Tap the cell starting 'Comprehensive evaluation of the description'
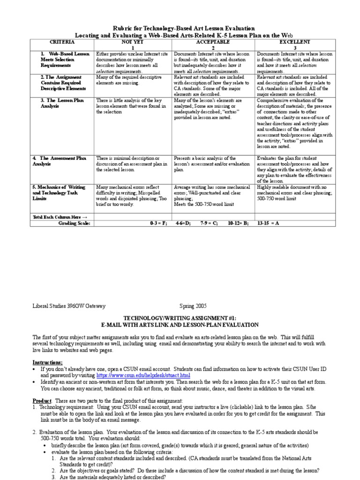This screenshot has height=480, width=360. pos(296,123)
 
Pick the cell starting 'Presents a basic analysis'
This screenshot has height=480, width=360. pos(212,165)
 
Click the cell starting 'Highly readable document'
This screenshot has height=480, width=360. pos(296,192)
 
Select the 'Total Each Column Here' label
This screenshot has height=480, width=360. pos(60,217)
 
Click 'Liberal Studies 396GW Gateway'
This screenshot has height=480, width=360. pos(69,306)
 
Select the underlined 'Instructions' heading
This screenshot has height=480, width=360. pos(47,362)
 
